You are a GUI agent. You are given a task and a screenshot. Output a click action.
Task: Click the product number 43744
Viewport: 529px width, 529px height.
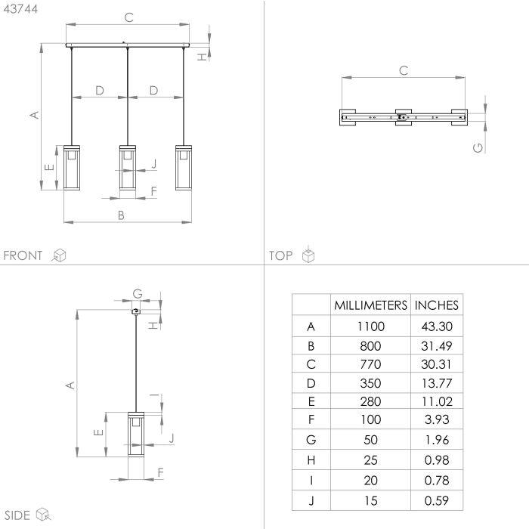tap(20, 9)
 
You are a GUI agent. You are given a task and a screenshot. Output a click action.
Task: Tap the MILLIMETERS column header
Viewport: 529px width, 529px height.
tap(370, 305)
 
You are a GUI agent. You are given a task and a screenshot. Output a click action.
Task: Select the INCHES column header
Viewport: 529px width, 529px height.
tap(436, 305)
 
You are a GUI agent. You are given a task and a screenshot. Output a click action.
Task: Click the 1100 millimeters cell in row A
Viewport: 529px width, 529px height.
tap(371, 326)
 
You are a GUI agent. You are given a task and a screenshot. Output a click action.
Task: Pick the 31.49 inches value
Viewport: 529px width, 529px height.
tap(436, 346)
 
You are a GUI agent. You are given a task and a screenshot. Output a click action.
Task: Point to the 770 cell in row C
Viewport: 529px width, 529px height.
tap(370, 364)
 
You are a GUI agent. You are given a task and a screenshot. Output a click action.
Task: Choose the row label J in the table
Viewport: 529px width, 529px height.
tap(311, 500)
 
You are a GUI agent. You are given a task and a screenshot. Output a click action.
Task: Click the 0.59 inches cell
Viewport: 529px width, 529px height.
tap(437, 500)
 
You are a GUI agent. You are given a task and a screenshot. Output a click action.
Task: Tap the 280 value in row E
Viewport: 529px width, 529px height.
tap(370, 401)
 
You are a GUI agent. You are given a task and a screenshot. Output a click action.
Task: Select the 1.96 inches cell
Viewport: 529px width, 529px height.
tap(437, 440)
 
